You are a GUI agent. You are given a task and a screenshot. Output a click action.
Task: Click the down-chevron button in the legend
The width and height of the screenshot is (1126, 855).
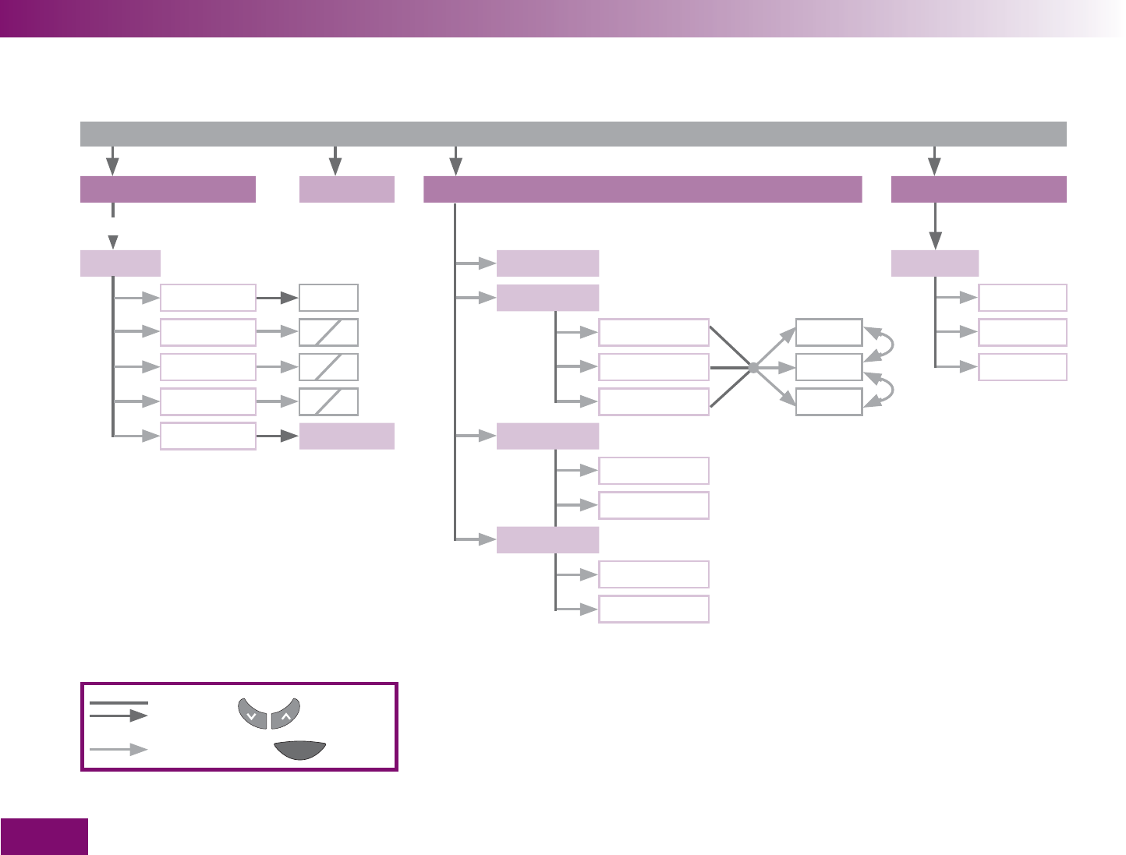pos(252,713)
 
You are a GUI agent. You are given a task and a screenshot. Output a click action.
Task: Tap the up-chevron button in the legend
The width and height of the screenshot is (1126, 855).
pos(286,713)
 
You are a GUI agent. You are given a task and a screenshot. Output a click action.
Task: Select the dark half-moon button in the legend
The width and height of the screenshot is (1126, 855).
pos(300,750)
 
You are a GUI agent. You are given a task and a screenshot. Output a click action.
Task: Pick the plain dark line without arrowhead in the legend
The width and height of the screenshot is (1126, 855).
pos(119,703)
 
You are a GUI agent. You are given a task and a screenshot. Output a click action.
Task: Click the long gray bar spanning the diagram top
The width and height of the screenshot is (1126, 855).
pos(573,134)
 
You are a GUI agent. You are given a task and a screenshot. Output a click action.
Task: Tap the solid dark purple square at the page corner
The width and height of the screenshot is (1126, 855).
pos(44,836)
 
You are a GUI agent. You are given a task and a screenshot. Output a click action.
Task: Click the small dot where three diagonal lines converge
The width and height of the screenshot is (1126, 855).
pos(753,367)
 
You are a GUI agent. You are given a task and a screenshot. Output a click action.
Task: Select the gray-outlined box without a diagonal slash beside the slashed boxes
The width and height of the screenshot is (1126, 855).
pos(328,298)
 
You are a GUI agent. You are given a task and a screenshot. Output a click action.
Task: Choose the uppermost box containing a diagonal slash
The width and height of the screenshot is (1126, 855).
pos(328,333)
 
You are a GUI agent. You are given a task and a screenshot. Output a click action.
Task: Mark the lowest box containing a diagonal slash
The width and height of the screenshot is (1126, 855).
pos(328,401)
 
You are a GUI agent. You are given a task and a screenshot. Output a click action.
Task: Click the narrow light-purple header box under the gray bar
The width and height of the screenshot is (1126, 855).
pos(347,189)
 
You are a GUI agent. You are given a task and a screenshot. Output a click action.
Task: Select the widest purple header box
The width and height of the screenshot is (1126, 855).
pos(643,189)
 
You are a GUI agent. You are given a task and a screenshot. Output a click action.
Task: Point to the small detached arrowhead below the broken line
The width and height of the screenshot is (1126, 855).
pos(113,239)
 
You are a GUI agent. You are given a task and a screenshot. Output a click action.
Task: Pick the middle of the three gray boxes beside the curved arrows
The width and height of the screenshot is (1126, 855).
pos(829,367)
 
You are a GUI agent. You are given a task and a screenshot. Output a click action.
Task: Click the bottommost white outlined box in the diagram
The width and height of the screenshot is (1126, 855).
pos(653,609)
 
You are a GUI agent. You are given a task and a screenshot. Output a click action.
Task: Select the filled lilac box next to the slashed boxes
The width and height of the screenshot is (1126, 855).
pos(347,436)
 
